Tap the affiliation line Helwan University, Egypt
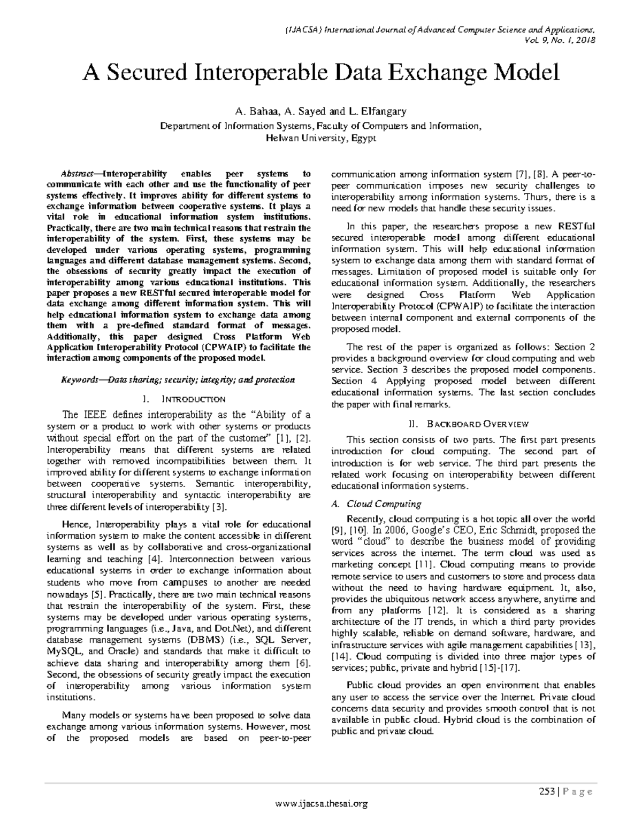pyautogui.click(x=321, y=138)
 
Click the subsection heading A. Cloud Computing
pyautogui.click(x=376, y=504)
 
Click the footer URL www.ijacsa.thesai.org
pyautogui.click(x=321, y=803)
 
